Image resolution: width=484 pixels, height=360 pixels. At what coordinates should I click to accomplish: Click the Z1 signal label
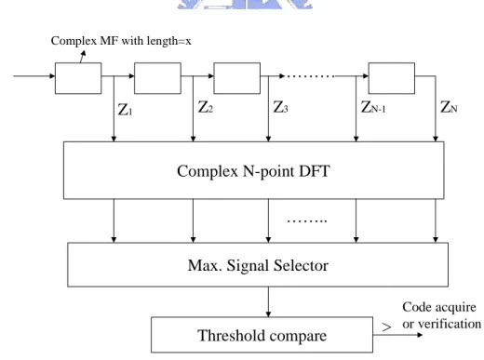click(126, 110)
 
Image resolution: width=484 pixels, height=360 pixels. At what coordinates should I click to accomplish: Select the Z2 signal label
click(206, 107)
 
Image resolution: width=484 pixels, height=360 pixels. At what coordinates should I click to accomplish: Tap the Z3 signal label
click(281, 107)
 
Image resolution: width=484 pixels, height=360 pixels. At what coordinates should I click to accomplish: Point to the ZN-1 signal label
click(373, 107)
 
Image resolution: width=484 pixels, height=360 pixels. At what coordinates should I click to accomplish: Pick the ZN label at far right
click(449, 107)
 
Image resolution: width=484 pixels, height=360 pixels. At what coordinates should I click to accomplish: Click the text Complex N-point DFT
click(253, 171)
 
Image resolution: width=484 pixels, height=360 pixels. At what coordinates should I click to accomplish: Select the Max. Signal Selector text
click(258, 265)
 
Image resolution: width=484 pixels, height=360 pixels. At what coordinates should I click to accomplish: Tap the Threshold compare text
click(262, 336)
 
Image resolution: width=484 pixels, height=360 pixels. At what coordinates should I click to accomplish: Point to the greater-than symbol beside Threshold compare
click(386, 327)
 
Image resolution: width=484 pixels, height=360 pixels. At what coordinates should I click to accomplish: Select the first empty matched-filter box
click(78, 78)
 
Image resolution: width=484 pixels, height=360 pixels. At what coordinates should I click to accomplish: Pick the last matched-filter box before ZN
click(392, 78)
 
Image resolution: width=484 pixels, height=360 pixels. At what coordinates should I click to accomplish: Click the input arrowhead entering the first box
click(52, 76)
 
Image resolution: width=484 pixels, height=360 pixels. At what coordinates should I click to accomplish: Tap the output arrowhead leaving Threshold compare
click(420, 335)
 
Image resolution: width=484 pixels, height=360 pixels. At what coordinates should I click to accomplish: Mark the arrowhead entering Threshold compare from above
click(268, 314)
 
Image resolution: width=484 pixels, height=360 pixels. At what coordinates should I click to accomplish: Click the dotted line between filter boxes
click(310, 76)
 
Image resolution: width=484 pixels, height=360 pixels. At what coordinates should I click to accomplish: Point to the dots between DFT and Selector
click(307, 221)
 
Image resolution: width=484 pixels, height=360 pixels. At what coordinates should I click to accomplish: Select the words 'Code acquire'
click(439, 307)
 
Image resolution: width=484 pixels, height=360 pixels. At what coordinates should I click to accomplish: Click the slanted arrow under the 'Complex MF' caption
click(83, 57)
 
